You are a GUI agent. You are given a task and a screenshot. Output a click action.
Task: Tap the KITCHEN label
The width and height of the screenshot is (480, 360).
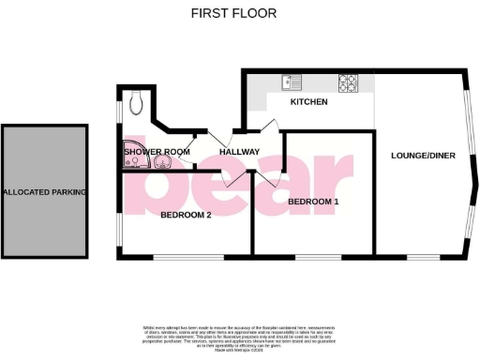pos(308,101)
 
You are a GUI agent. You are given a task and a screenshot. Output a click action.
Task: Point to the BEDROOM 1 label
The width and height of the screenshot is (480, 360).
pos(313,202)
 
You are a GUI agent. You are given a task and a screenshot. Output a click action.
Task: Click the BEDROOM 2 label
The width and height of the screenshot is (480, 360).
pos(186,215)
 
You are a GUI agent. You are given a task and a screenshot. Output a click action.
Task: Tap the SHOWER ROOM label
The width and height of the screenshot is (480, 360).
pos(157,152)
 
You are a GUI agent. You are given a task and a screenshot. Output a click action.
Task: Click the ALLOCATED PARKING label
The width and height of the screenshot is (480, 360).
pos(44,192)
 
